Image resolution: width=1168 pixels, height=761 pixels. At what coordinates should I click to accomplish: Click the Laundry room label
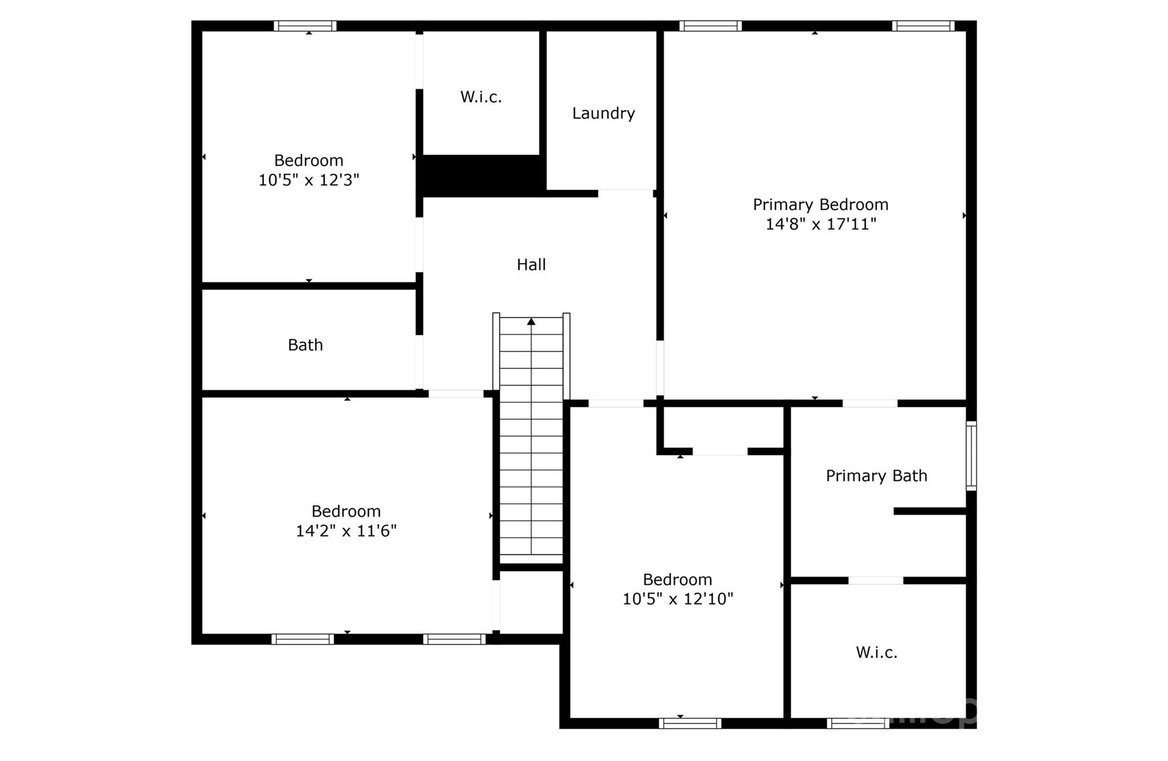point(603,114)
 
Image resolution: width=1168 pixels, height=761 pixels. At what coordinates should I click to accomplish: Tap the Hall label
point(531,265)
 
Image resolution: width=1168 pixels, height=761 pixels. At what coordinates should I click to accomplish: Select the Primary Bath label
point(876,476)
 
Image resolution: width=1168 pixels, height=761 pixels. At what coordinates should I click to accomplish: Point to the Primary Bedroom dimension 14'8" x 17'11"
point(820,224)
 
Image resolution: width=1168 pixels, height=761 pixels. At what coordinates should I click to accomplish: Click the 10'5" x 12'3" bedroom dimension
point(309,180)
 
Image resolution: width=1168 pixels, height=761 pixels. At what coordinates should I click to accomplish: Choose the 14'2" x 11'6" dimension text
point(346,531)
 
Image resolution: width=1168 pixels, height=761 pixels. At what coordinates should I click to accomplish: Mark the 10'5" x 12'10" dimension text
point(677,599)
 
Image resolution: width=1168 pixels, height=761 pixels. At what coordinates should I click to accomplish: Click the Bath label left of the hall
point(305,345)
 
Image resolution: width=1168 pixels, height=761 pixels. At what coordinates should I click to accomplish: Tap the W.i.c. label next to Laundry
point(481,97)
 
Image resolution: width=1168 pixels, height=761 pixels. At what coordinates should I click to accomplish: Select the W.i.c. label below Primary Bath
point(876,653)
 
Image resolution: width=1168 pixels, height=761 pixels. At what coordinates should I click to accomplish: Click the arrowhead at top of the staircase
point(531,322)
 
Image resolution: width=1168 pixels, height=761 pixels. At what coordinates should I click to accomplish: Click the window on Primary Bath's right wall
point(971,456)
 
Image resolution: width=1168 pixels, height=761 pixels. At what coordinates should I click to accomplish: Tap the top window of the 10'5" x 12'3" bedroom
point(305,26)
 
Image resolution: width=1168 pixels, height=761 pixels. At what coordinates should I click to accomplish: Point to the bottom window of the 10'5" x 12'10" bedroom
point(690,723)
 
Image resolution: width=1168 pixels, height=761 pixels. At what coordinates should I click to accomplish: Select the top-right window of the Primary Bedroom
point(923,26)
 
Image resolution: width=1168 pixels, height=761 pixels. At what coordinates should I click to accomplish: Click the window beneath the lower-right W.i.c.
point(857,723)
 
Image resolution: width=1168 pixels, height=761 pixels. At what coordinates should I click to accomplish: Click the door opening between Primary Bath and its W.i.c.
point(875,581)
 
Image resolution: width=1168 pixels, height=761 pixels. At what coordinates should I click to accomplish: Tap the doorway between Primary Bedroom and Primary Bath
point(870,403)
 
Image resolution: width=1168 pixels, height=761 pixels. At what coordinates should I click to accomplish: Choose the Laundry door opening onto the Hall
point(625,193)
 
